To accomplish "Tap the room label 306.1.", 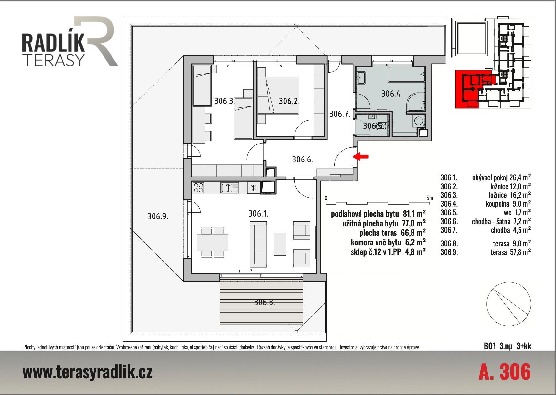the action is point(258,213).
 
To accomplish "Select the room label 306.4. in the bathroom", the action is point(392,94).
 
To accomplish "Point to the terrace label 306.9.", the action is point(158,217).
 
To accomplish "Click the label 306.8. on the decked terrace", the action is point(264,302).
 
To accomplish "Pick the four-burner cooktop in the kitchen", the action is point(198,187).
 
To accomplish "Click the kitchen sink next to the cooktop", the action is point(230,187).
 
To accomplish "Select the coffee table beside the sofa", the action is point(280,244).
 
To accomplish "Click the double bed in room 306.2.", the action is point(278,95).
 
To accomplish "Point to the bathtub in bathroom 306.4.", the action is point(406,75).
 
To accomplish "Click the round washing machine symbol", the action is point(418,121).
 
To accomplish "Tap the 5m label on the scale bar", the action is point(429,198).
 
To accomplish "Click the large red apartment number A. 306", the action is point(504,372).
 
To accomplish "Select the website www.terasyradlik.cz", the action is point(87,372).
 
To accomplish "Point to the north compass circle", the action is point(509,304).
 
